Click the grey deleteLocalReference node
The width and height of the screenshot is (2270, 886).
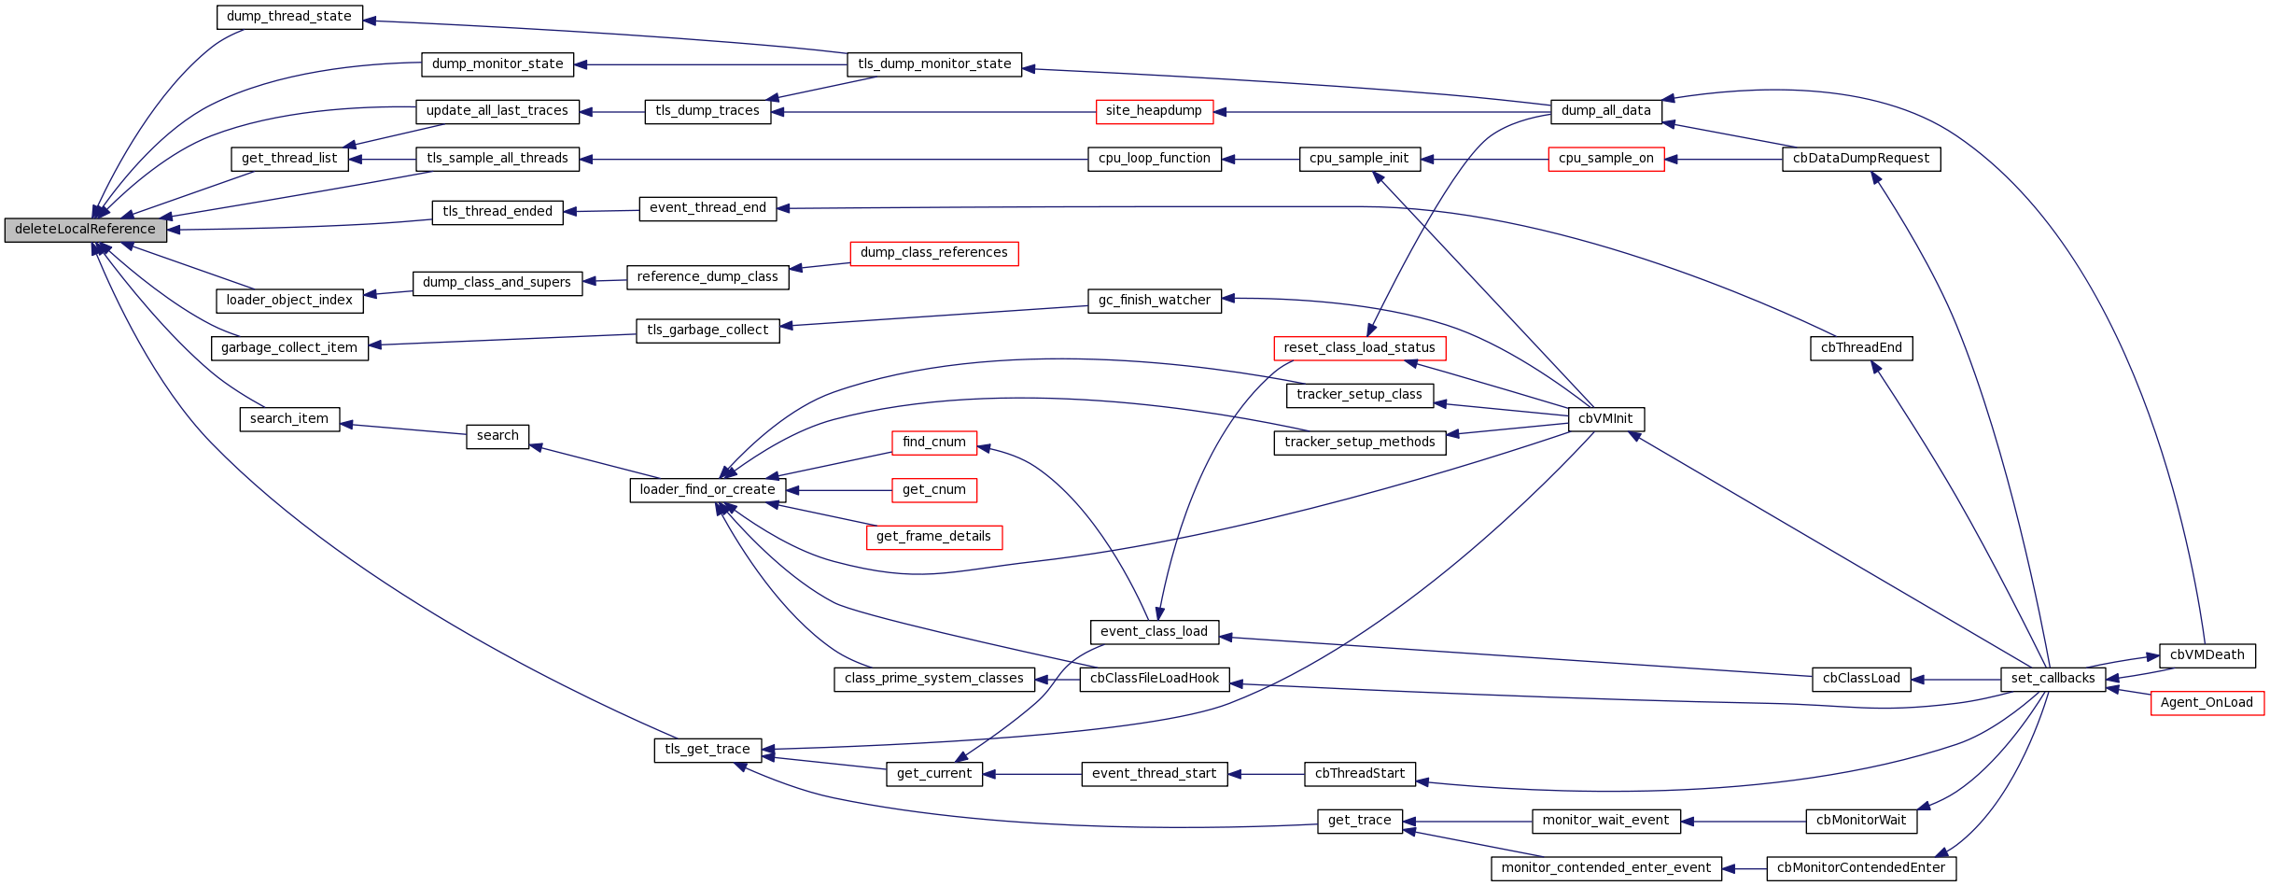click(x=85, y=230)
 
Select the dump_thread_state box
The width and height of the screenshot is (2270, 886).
click(x=289, y=17)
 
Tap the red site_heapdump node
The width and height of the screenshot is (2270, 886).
click(x=1154, y=111)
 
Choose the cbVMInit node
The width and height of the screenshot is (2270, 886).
click(x=1605, y=419)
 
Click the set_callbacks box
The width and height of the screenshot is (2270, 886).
click(x=2053, y=679)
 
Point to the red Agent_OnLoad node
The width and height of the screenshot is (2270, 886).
click(x=2207, y=703)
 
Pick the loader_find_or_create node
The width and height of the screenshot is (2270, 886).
click(x=708, y=490)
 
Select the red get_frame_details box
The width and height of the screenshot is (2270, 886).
click(x=933, y=537)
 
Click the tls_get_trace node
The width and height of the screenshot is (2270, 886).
click(x=708, y=750)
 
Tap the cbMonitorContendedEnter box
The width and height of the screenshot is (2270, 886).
click(x=1861, y=868)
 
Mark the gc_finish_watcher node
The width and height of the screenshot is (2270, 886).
click(x=1154, y=301)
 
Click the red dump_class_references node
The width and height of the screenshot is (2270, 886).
click(x=933, y=253)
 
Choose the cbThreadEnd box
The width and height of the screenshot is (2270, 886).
click(x=1861, y=348)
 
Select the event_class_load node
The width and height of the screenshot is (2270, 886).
click(x=1154, y=632)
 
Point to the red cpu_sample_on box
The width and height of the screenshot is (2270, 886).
click(x=1605, y=159)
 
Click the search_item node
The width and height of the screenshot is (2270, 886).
click(x=289, y=419)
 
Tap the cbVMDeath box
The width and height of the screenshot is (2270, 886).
click(x=2207, y=655)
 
